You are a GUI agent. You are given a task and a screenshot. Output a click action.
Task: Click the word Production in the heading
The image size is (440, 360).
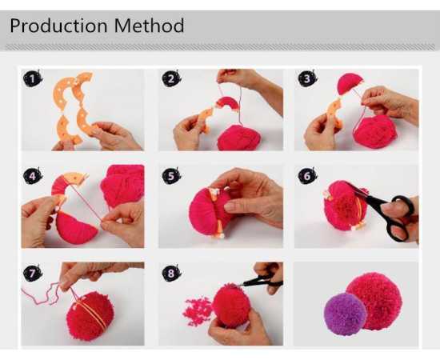[59, 26]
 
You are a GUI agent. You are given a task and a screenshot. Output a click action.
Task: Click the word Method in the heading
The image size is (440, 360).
[149, 26]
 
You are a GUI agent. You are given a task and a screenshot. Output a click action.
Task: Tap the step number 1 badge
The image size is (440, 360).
[33, 78]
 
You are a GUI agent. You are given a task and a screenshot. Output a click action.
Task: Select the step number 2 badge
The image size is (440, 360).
[171, 78]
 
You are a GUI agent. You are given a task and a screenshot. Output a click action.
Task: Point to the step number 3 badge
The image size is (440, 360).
[307, 78]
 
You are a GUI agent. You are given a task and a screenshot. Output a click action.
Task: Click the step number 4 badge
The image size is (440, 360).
[33, 176]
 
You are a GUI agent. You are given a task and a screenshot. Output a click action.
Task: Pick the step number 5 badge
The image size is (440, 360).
[171, 176]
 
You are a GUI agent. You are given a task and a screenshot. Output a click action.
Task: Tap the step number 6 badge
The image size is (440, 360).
[307, 176]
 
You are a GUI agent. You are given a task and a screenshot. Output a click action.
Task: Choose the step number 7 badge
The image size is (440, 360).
[33, 273]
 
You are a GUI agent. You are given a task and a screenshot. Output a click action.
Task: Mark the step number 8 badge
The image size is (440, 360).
[171, 273]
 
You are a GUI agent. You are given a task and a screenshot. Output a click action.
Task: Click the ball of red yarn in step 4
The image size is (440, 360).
[123, 185]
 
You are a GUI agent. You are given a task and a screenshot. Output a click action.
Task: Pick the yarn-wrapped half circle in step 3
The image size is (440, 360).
[350, 82]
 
